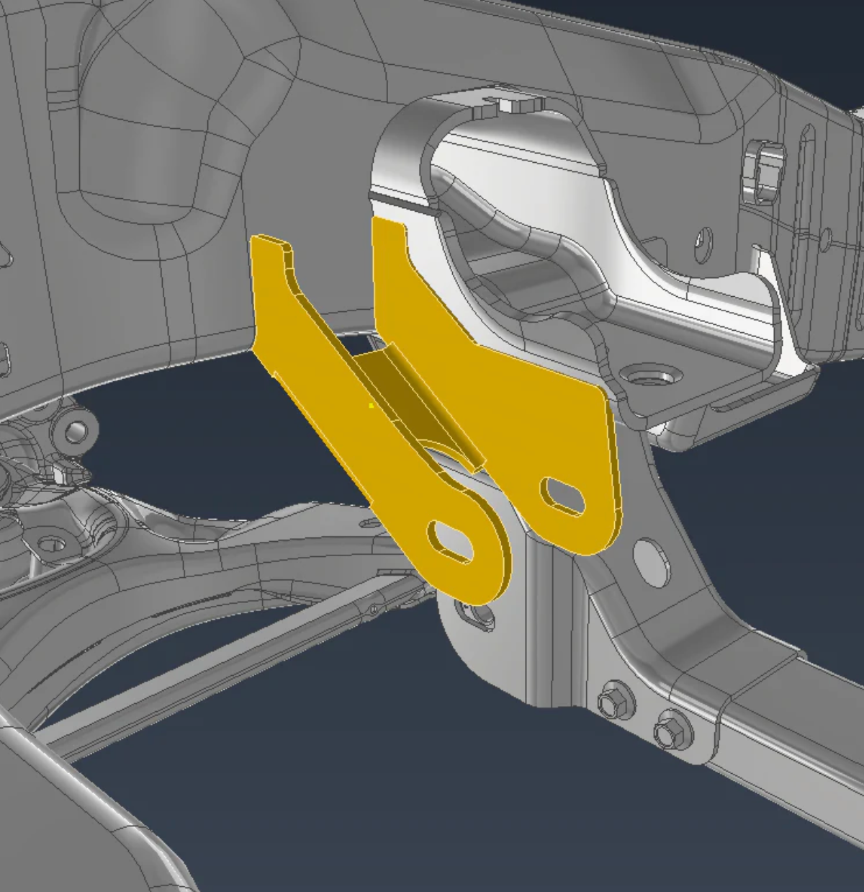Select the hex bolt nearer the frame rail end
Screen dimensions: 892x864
[670, 731]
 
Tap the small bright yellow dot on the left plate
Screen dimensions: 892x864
[371, 406]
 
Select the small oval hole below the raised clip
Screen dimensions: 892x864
[703, 239]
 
